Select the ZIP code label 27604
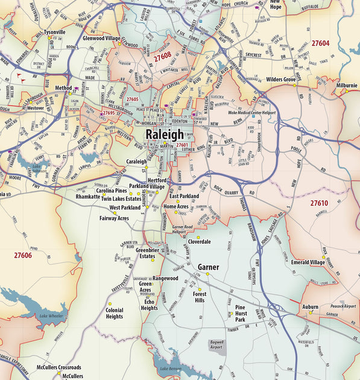[x=320, y=43]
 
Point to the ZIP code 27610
[x=319, y=203]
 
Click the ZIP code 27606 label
[x=23, y=255]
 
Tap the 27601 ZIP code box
[x=182, y=145]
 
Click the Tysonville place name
[x=55, y=31]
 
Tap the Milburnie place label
[x=347, y=85]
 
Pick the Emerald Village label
[x=308, y=262]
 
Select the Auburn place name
[x=310, y=306]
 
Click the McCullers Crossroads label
[x=58, y=367]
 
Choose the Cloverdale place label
[x=199, y=241]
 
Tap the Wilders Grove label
[x=281, y=79]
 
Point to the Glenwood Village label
[x=101, y=37]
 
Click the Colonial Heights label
[x=115, y=313]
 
